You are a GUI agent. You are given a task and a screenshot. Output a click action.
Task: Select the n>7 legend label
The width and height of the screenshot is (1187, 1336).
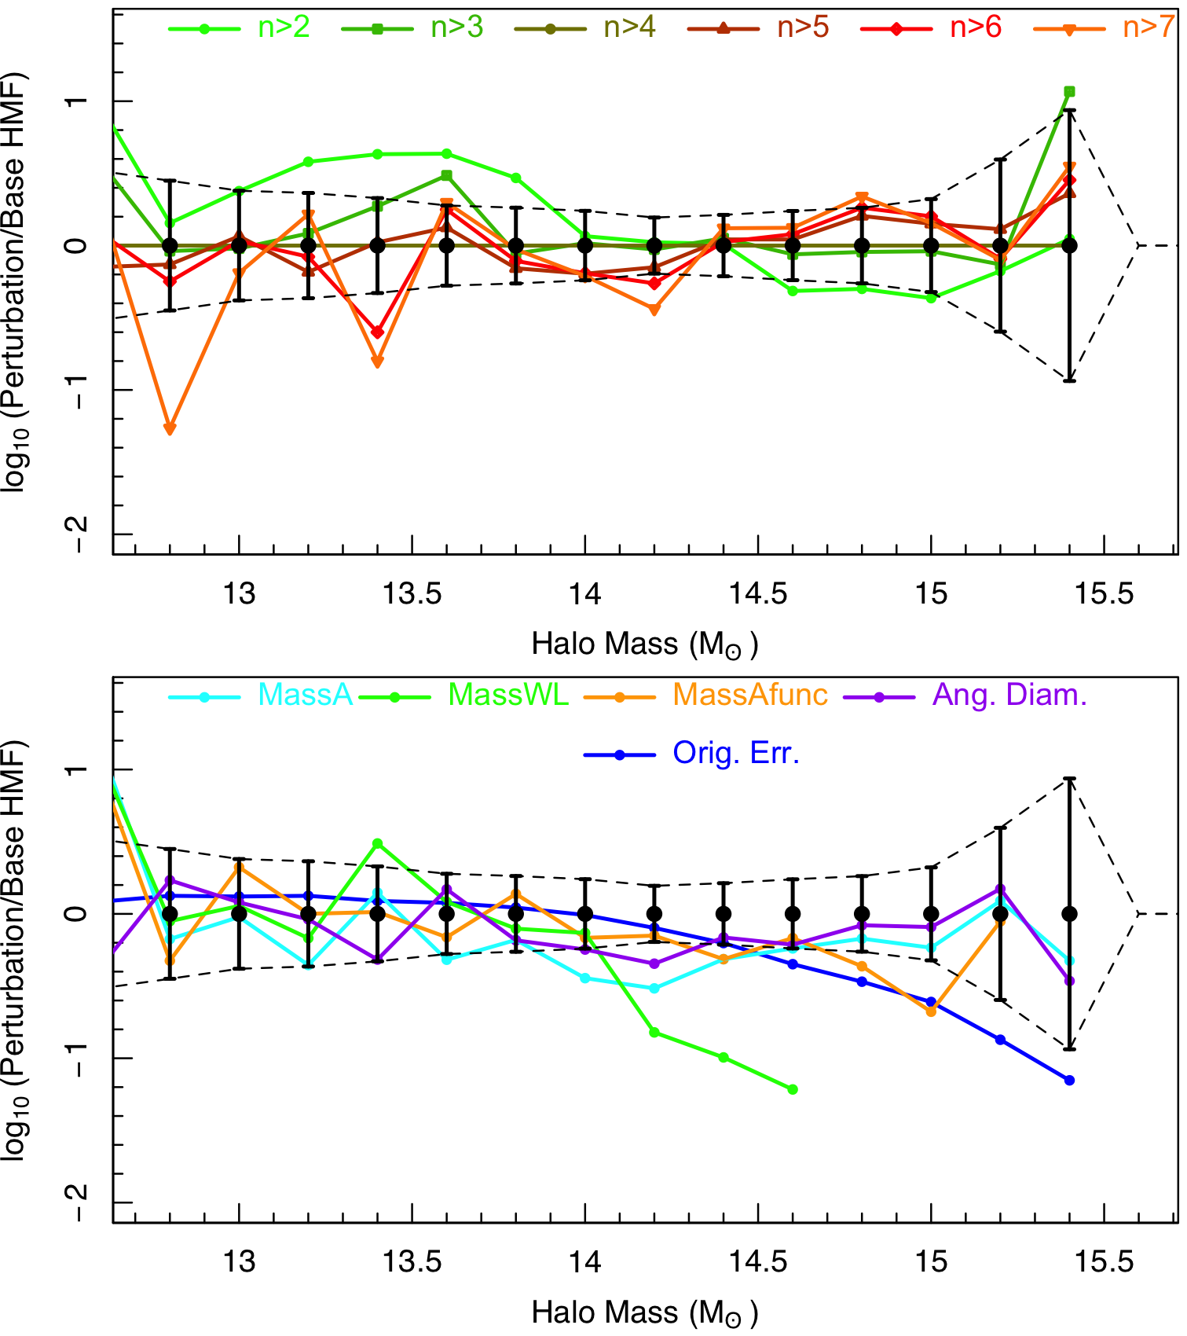(1148, 28)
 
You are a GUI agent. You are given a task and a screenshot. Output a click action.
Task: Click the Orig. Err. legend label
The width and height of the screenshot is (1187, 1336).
(735, 754)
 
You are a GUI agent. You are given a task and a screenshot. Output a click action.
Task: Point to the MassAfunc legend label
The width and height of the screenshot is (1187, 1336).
(750, 696)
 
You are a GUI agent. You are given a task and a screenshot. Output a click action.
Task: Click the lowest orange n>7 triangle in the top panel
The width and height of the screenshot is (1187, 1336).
(170, 428)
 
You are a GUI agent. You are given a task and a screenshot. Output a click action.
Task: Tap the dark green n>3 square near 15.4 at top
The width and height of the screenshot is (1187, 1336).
(1069, 92)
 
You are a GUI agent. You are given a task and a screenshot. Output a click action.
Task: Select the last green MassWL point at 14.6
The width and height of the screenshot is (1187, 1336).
(793, 1089)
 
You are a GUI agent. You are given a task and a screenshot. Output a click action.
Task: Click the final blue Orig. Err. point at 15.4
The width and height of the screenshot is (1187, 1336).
(1069, 1081)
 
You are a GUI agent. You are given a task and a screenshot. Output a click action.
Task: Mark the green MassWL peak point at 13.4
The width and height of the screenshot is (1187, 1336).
(377, 843)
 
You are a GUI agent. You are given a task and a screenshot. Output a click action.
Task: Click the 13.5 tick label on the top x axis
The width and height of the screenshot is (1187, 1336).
(412, 595)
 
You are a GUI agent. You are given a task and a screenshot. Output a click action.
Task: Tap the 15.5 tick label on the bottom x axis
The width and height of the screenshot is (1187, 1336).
(1104, 1263)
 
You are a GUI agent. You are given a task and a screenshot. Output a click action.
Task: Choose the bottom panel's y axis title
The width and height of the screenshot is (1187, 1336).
(16, 951)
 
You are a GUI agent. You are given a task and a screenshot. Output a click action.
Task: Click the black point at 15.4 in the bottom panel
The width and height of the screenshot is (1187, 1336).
(1069, 914)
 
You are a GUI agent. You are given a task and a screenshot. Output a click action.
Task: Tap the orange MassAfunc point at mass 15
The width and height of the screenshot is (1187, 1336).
(931, 1011)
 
